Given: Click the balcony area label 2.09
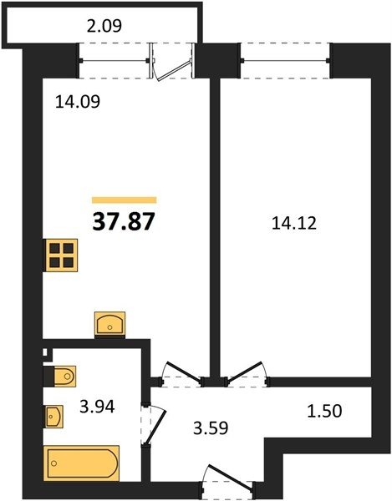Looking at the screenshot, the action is click(x=104, y=26).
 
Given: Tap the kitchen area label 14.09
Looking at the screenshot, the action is click(x=78, y=102).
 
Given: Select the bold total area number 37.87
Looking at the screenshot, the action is click(x=124, y=222).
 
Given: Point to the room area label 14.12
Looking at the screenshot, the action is click(x=294, y=223).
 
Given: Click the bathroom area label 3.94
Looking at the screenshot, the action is click(x=97, y=407).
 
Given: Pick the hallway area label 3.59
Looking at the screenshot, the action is click(x=211, y=428).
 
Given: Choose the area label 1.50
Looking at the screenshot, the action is click(x=324, y=411).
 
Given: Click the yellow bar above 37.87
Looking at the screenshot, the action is click(x=124, y=200).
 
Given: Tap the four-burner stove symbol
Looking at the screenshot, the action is click(x=60, y=256).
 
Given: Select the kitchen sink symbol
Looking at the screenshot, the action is click(x=110, y=324).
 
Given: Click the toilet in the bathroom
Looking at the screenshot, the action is click(x=60, y=376).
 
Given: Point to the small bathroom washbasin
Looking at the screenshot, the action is click(x=53, y=417).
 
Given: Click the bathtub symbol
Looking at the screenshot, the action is click(x=82, y=463).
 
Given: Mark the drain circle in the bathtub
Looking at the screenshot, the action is click(x=54, y=463).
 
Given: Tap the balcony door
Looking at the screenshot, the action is click(x=173, y=62).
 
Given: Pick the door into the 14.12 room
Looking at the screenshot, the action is click(x=247, y=374).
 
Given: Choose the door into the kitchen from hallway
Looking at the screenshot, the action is click(x=183, y=374).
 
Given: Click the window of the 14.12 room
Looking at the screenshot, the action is click(x=285, y=61).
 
